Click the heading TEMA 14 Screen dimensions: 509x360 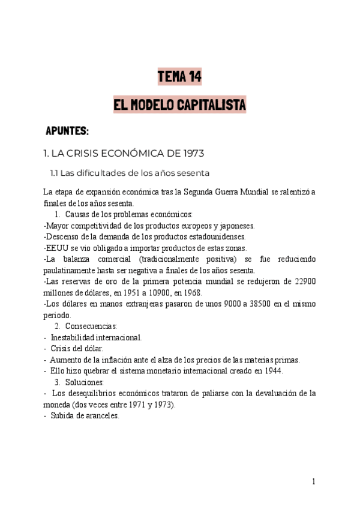[179, 76]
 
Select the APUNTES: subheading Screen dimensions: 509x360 [67, 130]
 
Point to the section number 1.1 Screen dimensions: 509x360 [53, 174]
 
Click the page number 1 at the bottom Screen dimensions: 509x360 [313, 481]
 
